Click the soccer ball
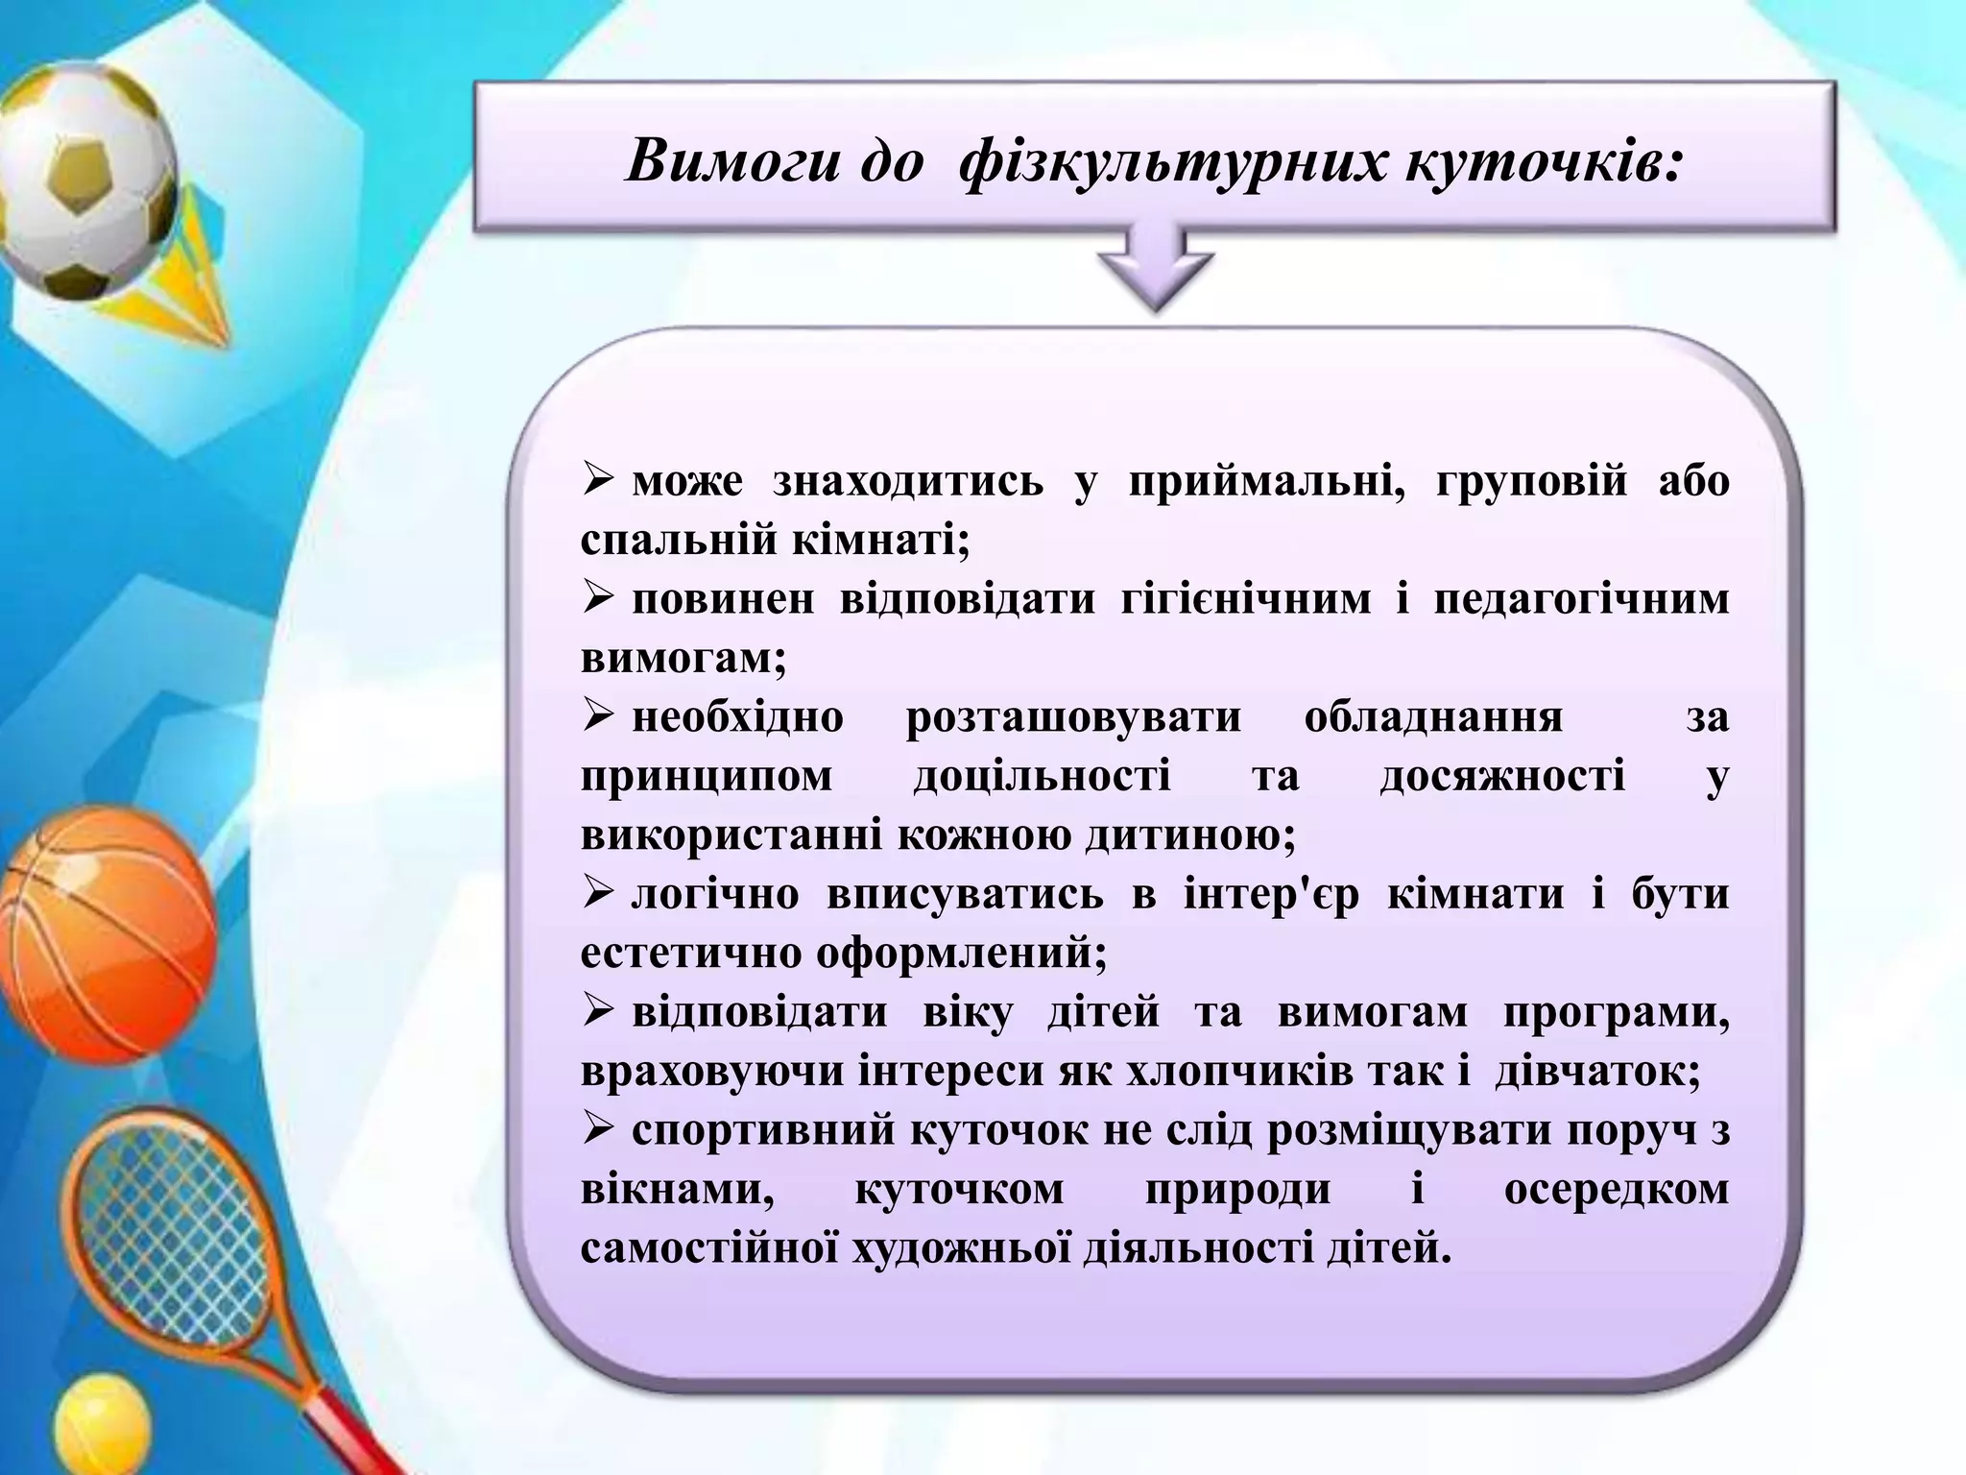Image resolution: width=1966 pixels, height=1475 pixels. tap(86, 182)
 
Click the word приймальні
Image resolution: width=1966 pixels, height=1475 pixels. tap(1266, 480)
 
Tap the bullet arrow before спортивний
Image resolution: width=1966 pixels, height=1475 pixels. tap(597, 1129)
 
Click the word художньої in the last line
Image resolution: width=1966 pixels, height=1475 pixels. tap(961, 1249)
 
